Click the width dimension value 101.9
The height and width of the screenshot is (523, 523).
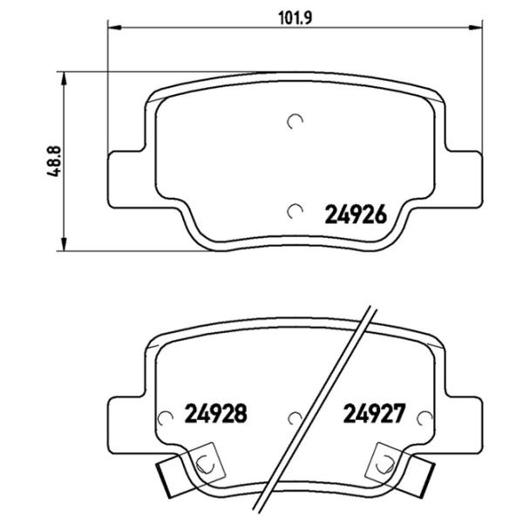[x=295, y=15]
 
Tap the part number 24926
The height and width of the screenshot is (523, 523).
[x=355, y=213]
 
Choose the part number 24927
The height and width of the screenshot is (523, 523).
[x=372, y=412]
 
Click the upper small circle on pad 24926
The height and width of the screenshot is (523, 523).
[x=295, y=122]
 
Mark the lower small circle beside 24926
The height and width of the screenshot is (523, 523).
[x=295, y=210]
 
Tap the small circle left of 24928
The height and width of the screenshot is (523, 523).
[x=162, y=419]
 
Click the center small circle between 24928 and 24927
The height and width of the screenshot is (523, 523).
[x=295, y=419]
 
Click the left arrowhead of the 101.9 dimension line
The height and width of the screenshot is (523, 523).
[x=113, y=29]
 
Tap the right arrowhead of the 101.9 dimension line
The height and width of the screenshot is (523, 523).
[x=478, y=29]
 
